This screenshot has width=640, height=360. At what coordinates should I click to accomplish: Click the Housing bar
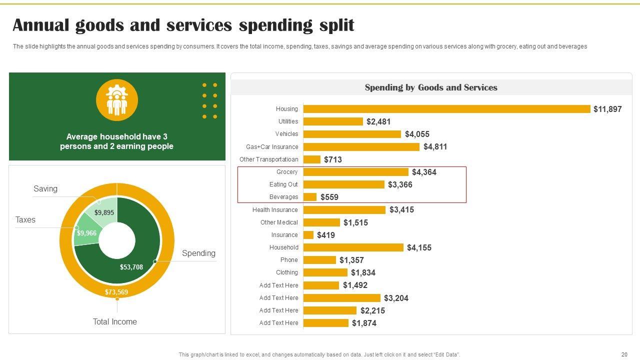(446, 109)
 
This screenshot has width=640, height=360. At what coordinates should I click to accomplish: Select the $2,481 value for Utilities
(378, 121)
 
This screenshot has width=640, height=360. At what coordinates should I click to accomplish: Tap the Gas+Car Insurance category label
(272, 147)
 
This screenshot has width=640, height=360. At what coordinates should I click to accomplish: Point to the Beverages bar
(310, 197)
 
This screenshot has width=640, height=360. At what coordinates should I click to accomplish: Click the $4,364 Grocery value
(424, 172)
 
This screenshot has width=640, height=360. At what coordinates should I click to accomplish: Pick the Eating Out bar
(343, 184)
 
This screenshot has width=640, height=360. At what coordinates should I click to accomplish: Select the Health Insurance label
(275, 210)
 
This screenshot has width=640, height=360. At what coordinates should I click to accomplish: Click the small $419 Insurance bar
(308, 235)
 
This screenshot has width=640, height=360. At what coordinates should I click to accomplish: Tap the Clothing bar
(325, 272)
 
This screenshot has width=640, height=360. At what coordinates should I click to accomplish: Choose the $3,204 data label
(396, 298)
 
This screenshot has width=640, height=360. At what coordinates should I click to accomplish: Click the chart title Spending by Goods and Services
(431, 87)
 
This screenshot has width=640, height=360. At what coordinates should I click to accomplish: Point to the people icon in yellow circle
(117, 100)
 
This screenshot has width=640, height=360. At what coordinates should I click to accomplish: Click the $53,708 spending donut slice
(131, 267)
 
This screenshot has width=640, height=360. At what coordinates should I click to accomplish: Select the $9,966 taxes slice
(86, 233)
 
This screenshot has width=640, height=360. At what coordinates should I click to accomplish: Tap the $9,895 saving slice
(104, 212)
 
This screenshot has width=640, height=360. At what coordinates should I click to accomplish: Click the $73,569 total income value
(116, 292)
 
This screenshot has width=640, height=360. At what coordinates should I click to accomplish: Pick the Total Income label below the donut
(114, 322)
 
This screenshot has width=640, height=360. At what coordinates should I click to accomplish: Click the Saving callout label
(45, 189)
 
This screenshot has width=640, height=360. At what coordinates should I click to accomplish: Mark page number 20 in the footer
(624, 354)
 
